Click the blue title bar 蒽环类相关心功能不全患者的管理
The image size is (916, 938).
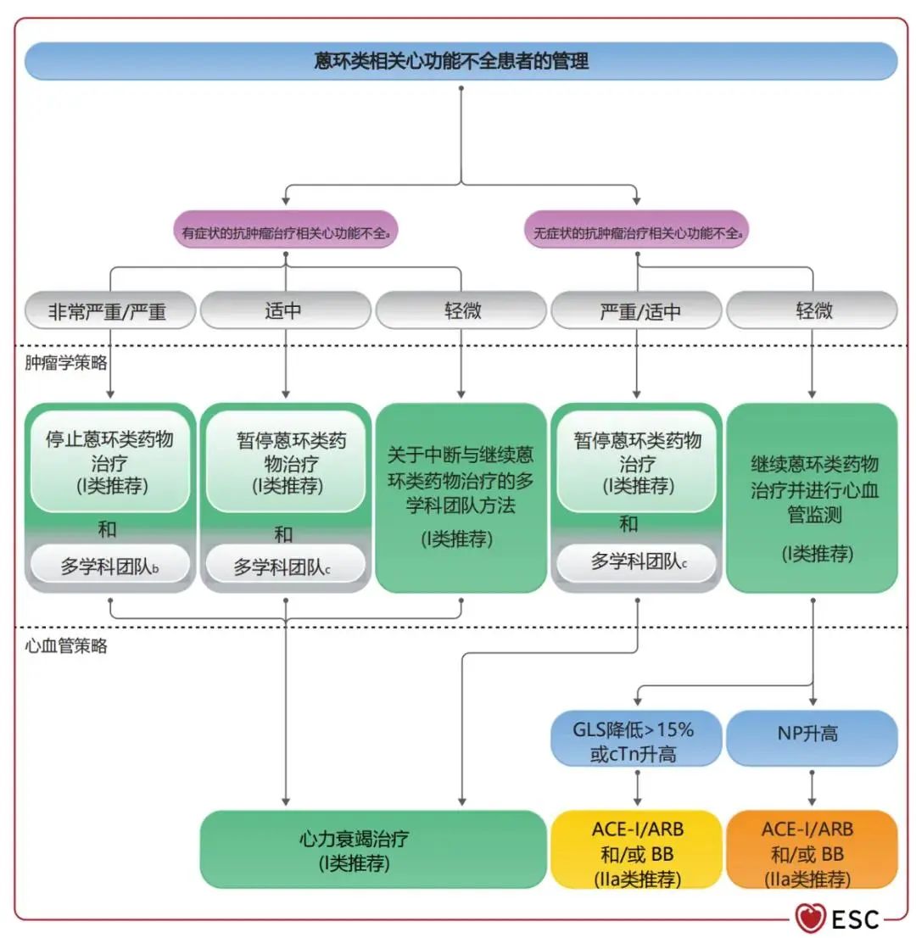point(461,61)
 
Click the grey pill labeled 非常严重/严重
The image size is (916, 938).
point(109,311)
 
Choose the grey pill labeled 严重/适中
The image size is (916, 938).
point(637,311)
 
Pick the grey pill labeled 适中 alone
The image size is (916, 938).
point(285,310)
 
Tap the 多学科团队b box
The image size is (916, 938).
point(109,566)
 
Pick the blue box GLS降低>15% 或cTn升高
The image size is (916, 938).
point(636,739)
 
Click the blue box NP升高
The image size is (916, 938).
point(813,734)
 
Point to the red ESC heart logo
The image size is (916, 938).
point(811,917)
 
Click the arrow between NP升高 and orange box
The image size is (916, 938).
point(813,787)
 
